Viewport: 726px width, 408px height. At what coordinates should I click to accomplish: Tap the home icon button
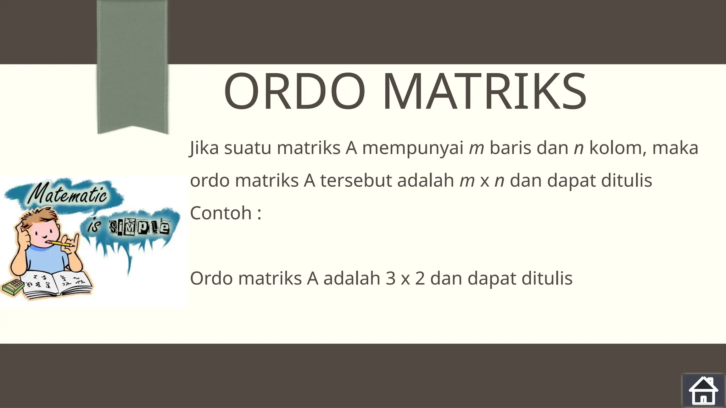coord(703,390)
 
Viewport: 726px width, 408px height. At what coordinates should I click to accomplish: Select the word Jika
coord(204,148)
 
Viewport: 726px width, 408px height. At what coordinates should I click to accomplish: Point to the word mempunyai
coord(413,148)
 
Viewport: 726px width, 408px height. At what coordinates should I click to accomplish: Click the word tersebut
coord(356,180)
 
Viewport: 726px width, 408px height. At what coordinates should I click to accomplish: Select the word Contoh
coord(221,213)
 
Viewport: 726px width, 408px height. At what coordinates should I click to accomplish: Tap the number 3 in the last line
coord(391,278)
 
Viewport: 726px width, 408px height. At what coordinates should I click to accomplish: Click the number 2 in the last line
coord(420,278)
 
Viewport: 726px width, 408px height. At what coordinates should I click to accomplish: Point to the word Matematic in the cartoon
coord(67,195)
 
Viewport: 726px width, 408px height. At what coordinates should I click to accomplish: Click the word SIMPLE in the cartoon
coord(139,227)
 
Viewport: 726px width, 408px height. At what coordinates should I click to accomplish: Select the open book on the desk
coord(57,283)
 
